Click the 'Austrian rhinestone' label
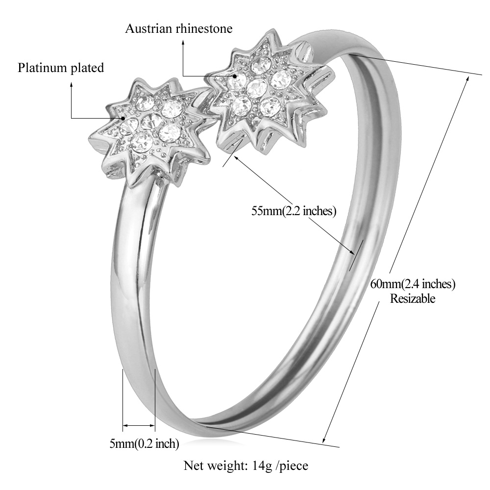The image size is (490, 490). coord(179,29)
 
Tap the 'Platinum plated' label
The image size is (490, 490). coord(61,68)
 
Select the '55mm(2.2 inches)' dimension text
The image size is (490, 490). coord(294,211)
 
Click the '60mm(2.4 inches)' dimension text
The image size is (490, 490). coord(413,284)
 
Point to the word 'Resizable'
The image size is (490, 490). coord(413,298)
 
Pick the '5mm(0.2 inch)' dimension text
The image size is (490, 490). coord(144,443)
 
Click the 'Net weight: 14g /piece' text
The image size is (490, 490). coord(245,465)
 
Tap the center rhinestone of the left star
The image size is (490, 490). coord(151,121)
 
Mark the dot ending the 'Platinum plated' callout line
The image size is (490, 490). coord(123,119)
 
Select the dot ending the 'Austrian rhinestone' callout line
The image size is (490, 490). coord(234,76)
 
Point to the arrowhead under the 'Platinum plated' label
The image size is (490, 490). coord(71,84)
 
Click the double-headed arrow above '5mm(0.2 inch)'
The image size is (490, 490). coord(139,425)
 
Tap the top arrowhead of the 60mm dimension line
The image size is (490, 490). coord(467,78)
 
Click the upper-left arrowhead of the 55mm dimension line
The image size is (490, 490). coord(237,158)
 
